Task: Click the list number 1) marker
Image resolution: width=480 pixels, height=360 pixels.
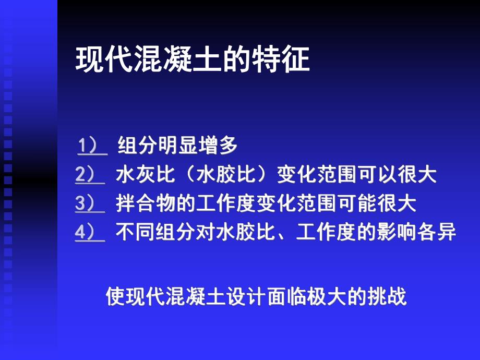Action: [92, 146]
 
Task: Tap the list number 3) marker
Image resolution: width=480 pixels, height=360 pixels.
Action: [90, 203]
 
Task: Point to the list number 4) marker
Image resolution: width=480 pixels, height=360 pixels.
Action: [90, 232]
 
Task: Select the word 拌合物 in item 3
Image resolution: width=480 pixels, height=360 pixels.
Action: [145, 203]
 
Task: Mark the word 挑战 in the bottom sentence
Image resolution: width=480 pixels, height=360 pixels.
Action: [387, 297]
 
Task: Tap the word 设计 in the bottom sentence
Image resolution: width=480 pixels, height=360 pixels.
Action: [246, 297]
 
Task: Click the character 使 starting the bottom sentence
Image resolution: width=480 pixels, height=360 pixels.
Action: [116, 297]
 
